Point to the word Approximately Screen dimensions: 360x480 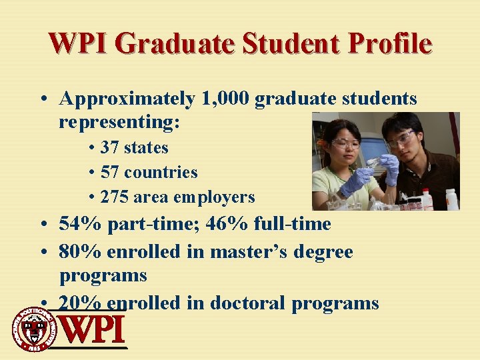pos(127,99)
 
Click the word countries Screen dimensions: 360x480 pos(161,172)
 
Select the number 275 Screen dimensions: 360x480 pos(114,197)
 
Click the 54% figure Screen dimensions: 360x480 pos(79,223)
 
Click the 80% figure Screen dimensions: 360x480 pos(79,251)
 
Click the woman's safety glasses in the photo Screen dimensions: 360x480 pos(346,143)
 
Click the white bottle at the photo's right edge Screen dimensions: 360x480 pos(451,199)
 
